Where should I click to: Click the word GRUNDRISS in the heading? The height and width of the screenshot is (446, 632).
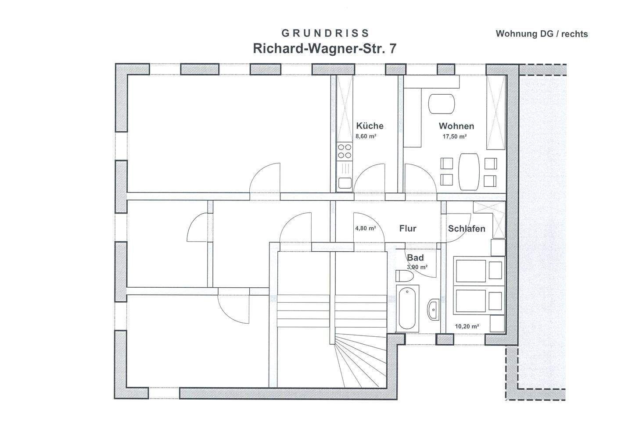coord(325,33)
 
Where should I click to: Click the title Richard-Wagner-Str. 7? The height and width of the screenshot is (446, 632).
coord(324,48)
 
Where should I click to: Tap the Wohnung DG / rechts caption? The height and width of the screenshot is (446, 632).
coord(542,34)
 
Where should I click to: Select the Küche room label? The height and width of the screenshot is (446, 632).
coord(370,126)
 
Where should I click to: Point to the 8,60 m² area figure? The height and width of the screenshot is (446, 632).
coord(366,136)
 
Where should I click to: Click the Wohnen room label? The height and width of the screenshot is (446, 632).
coord(456,126)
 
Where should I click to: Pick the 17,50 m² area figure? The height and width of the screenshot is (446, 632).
coord(454,136)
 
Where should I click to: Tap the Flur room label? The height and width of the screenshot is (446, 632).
coord(408,228)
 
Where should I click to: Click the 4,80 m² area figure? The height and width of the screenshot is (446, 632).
coord(365,228)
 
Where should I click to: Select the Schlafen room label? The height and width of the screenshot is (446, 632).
coord(467,229)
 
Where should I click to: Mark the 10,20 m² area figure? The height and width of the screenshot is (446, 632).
coord(467,326)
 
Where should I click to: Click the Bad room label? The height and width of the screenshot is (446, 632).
coord(415,258)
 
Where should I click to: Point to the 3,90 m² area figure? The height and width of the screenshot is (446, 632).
coord(417,267)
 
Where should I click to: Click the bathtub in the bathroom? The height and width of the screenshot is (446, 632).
coord(407,308)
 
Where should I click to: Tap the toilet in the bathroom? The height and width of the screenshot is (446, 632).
coord(404,276)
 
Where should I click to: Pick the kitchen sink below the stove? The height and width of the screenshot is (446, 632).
coord(345,183)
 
